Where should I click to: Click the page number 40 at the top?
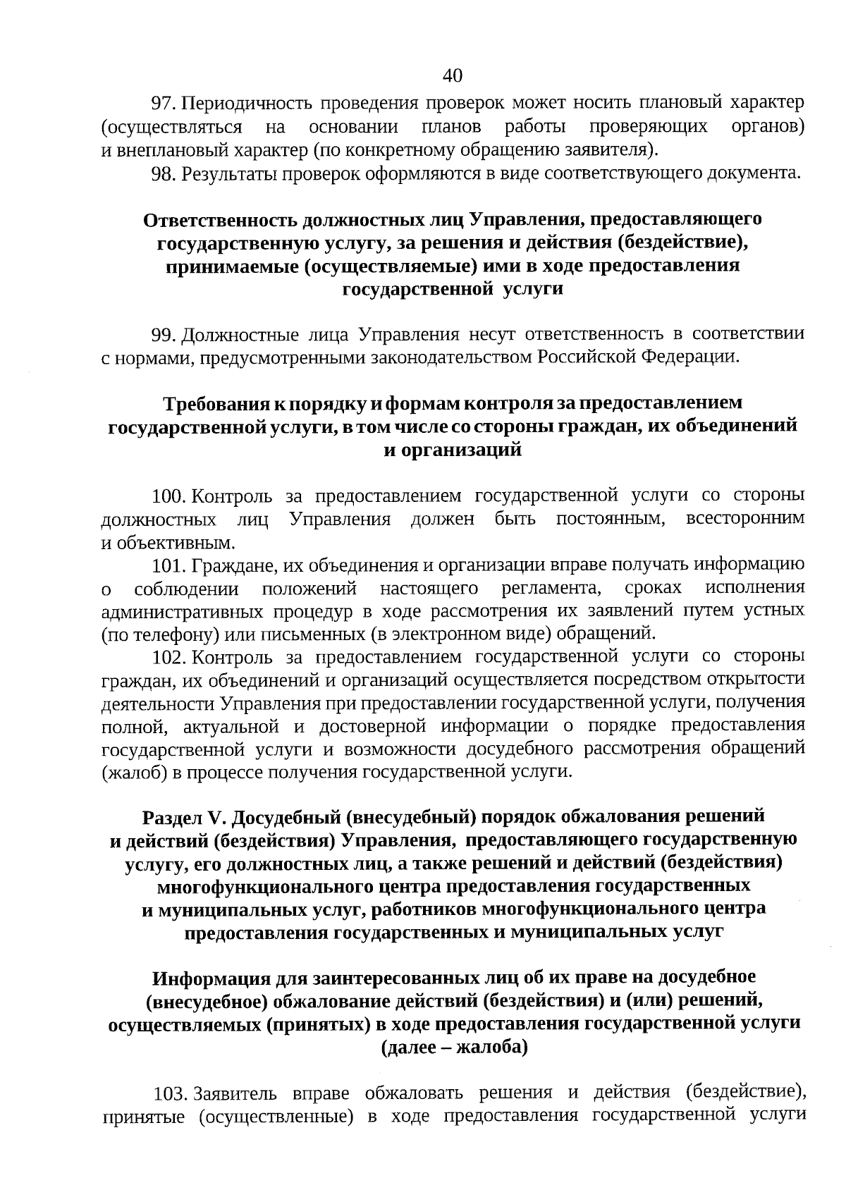click(x=453, y=75)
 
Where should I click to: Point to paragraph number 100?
click(x=169, y=496)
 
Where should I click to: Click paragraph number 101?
click(x=169, y=565)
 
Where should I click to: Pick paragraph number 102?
click(x=169, y=658)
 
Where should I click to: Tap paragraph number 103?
click(x=170, y=1094)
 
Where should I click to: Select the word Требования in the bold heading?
click(x=214, y=404)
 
